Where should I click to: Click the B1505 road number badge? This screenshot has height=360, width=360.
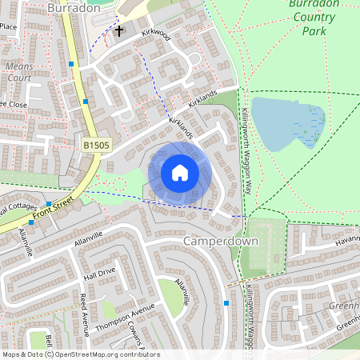[x=97, y=146]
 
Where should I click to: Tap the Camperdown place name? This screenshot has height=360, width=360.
[x=220, y=241]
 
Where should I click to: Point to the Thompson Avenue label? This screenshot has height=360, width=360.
[x=124, y=319]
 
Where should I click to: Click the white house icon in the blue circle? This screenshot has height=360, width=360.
[x=180, y=173]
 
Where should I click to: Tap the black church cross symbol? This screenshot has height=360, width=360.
[x=119, y=31]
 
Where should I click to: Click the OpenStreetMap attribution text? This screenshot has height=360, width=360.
[x=81, y=354]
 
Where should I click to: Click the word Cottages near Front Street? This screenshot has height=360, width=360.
[x=18, y=210]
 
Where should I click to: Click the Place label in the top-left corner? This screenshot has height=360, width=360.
[x=9, y=26]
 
